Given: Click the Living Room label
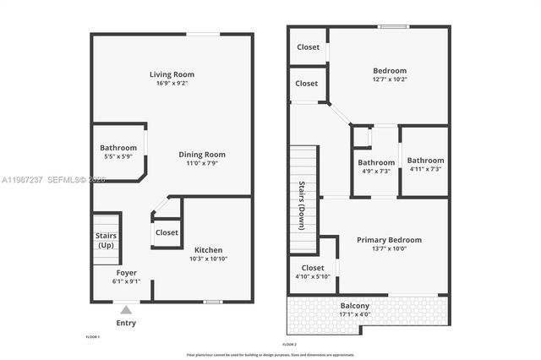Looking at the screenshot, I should [x=172, y=74].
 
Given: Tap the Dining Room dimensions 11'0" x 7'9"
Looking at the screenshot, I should [x=201, y=163].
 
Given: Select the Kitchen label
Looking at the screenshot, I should [x=208, y=249].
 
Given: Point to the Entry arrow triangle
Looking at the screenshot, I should [x=126, y=310].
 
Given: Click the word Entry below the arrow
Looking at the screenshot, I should [x=126, y=323].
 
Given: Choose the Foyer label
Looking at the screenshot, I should [x=126, y=272].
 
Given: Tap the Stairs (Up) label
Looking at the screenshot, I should [x=106, y=240].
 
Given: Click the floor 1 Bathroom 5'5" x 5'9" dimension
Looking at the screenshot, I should [x=118, y=157].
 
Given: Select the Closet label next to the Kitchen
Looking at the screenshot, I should [x=167, y=232].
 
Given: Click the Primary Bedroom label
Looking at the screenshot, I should [x=389, y=240].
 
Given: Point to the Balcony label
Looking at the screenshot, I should [x=354, y=306].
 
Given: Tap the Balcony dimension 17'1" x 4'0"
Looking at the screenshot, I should [x=354, y=314].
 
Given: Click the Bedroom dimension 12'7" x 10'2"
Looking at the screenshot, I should [x=389, y=79].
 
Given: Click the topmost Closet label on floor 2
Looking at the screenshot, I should [x=308, y=47].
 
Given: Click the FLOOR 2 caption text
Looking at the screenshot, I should [x=289, y=345].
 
